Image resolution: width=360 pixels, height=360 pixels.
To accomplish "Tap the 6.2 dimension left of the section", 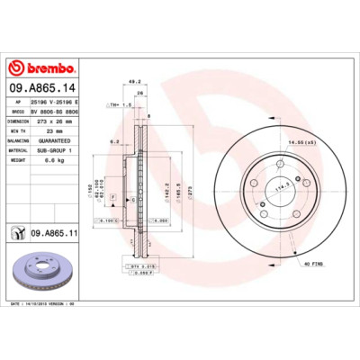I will tap(115, 141).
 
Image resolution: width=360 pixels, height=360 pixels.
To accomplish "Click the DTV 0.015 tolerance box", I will tap(142, 267).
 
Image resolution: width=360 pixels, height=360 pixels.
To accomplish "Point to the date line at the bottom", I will tap(54, 307).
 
